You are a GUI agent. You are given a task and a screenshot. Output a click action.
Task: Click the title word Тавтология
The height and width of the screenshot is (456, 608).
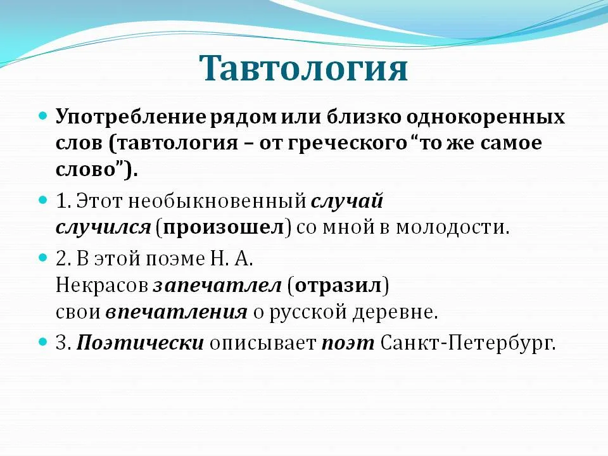tap(303, 68)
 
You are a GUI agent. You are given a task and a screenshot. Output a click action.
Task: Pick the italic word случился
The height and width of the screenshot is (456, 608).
tap(103, 227)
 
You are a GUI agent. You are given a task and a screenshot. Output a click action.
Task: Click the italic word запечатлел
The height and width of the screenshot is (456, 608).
tap(217, 286)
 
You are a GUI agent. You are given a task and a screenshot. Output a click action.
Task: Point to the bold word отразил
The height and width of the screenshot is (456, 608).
tap(338, 286)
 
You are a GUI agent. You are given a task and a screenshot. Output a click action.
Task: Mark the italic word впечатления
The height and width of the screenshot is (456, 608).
tap(176, 312)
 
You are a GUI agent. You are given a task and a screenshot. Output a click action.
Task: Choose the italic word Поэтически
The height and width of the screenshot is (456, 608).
tap(140, 343)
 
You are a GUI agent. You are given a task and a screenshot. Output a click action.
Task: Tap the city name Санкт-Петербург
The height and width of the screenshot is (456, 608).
tap(467, 343)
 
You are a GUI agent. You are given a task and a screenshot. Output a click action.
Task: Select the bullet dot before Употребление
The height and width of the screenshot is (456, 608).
tap(43, 117)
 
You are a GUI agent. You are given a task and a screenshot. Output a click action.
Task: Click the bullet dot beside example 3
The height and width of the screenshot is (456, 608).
tap(43, 343)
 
